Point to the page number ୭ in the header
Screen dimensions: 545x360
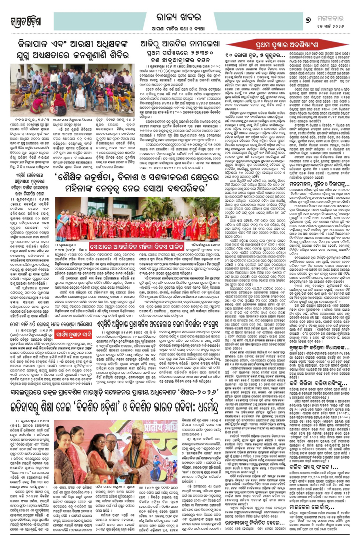pos(309,18)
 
